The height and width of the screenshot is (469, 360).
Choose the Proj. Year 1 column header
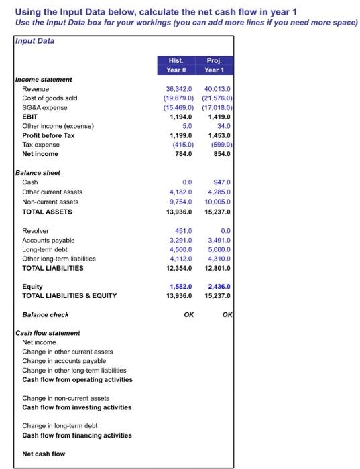213,64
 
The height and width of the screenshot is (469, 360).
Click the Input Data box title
36,41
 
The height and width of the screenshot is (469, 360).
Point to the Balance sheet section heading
38,173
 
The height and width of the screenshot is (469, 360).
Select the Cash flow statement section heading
48,333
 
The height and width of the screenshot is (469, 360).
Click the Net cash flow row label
44,454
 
